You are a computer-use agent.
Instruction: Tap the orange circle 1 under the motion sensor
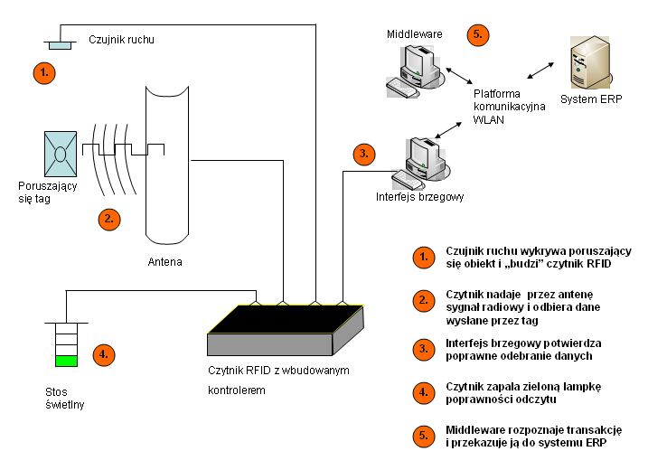44,70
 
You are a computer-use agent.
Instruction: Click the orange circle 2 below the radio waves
108,217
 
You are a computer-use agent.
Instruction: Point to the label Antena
164,263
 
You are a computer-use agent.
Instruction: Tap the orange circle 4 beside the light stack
106,354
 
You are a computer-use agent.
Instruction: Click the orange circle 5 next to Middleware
478,35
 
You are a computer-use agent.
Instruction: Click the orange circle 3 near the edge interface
364,154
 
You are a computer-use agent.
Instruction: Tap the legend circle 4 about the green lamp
422,391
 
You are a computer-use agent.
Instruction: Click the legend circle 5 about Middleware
422,436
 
